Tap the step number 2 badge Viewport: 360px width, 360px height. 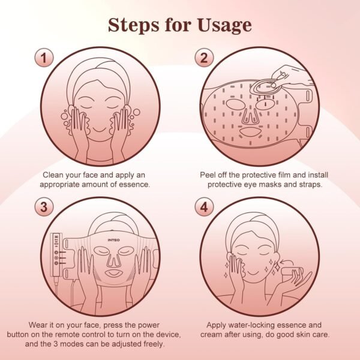point(203,58)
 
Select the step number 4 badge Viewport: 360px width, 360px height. point(203,208)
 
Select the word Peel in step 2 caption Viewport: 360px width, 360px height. point(209,175)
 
